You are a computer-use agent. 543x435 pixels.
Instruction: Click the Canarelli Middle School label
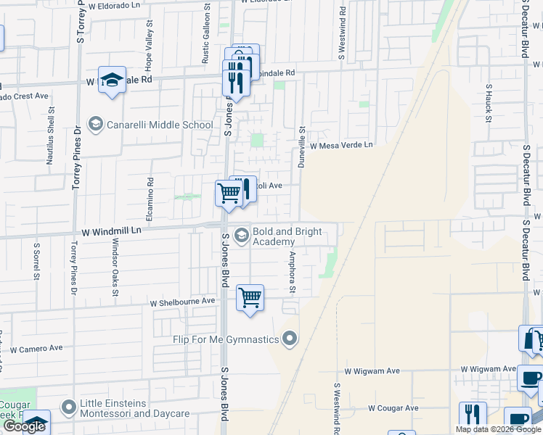(x=160, y=125)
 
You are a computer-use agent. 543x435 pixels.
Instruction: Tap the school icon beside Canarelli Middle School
(x=95, y=125)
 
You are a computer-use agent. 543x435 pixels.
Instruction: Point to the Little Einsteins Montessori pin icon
(x=69, y=407)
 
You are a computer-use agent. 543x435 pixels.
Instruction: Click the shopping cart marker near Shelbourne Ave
(x=250, y=298)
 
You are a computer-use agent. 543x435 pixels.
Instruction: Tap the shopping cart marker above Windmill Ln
(x=229, y=194)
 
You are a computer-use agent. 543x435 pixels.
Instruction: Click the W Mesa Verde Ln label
(x=341, y=145)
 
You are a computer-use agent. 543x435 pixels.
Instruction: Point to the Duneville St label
(x=303, y=147)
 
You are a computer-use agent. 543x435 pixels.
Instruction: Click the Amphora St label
(x=293, y=273)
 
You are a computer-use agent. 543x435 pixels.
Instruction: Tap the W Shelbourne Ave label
(x=182, y=301)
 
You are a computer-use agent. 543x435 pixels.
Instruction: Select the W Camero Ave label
(x=36, y=349)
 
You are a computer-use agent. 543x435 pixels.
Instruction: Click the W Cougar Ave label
(x=393, y=408)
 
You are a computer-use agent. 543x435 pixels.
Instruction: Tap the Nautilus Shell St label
(x=51, y=135)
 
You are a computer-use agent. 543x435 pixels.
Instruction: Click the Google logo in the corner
(x=24, y=427)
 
